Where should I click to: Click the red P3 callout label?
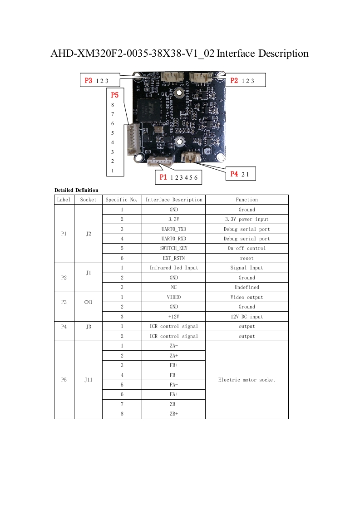click(x=89, y=81)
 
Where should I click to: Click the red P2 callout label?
click(x=234, y=80)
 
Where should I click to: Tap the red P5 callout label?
click(x=115, y=95)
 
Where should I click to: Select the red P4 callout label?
click(x=234, y=174)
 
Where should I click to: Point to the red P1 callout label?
click(x=163, y=177)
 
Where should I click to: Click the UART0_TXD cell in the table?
click(x=173, y=229)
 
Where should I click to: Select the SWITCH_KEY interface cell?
click(x=173, y=248)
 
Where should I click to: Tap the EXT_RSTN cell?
click(x=173, y=258)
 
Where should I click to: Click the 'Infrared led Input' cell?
click(x=173, y=268)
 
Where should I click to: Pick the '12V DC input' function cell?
click(x=247, y=317)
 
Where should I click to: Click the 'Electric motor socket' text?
click(x=247, y=380)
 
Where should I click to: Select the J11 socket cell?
click(x=88, y=380)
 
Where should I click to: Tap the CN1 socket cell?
click(x=88, y=302)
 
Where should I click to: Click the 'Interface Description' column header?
click(x=173, y=200)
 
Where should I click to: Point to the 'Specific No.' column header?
click(x=121, y=200)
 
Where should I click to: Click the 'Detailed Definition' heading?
click(x=76, y=190)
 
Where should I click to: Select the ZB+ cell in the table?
click(x=173, y=414)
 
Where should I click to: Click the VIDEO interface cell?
click(x=173, y=297)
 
